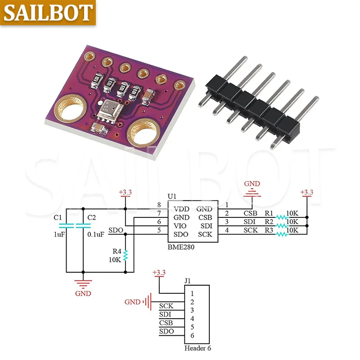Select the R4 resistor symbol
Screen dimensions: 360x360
[x=126, y=256]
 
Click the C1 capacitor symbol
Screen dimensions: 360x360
[x=66, y=225]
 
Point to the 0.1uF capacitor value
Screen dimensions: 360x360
[x=96, y=234]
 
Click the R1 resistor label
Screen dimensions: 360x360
[x=269, y=213]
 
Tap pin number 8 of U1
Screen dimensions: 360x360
[x=159, y=205]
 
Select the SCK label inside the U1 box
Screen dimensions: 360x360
[x=205, y=234]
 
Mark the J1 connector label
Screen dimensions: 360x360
[x=188, y=281]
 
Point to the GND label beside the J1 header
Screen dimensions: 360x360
[x=132, y=302]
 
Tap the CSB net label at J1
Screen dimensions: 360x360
[x=165, y=323]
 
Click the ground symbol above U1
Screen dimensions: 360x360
[x=252, y=194]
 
